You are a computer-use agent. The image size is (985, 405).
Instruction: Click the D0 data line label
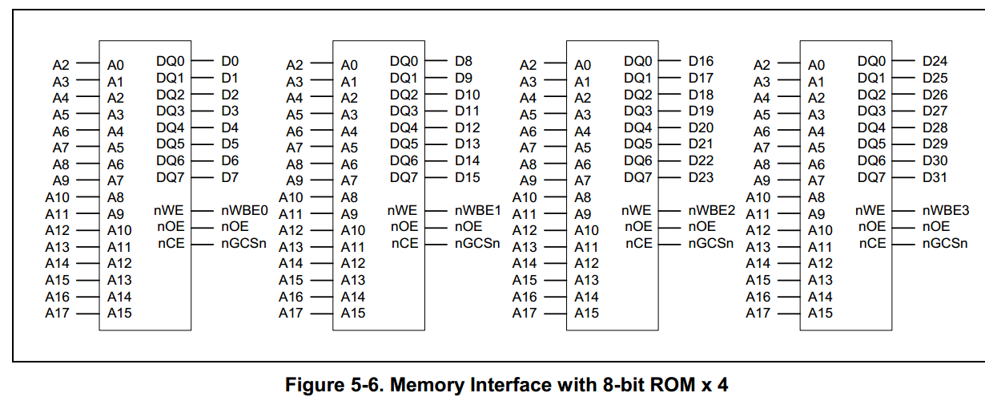click(x=230, y=61)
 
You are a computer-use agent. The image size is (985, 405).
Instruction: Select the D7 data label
click(x=230, y=177)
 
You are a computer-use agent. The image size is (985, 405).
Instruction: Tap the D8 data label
click(x=464, y=61)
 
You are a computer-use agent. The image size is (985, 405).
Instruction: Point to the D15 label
click(x=468, y=177)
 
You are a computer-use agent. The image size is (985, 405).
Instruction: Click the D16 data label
click(x=701, y=61)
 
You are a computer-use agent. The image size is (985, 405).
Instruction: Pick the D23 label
click(x=701, y=177)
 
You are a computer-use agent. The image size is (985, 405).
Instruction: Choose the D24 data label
click(x=935, y=61)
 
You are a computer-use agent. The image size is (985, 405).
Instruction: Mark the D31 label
click(x=935, y=177)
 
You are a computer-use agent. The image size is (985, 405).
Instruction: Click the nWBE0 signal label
click(x=244, y=211)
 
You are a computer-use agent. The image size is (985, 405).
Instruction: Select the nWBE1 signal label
click(x=478, y=211)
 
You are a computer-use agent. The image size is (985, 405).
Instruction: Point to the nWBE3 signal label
click(x=946, y=211)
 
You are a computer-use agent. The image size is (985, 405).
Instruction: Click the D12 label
click(x=468, y=128)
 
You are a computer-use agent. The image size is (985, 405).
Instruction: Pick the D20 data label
click(x=701, y=128)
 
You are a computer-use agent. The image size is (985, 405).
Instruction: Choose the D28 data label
click(x=935, y=128)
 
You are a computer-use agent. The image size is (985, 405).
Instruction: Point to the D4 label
click(x=230, y=128)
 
